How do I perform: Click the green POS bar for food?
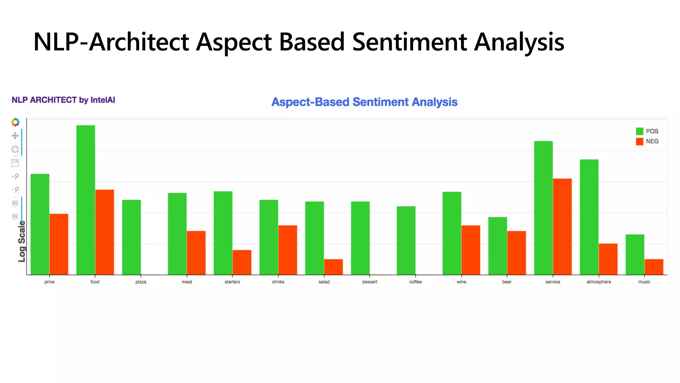point(86,200)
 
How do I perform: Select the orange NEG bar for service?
point(562,226)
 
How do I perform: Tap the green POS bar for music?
point(635,254)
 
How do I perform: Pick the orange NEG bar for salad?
point(333,267)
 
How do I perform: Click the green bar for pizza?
point(131,237)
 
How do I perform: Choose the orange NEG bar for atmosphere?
point(608,259)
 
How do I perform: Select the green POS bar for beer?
point(497,246)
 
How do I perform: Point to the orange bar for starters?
point(242,262)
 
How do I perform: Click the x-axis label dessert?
point(370,282)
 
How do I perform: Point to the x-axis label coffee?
point(415,282)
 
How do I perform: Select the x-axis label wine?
point(461,282)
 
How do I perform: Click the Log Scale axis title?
point(22,241)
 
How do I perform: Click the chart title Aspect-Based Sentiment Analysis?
point(364,102)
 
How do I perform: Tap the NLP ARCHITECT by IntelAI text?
point(63,100)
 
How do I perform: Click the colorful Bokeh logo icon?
point(15,122)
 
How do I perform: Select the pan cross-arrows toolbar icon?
point(15,136)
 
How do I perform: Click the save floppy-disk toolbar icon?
point(15,163)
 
